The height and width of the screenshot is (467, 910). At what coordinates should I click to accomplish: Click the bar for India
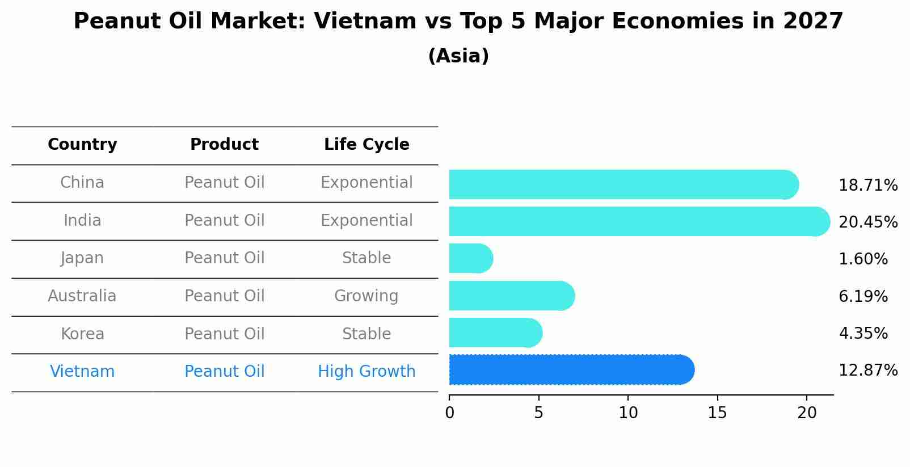[635, 221]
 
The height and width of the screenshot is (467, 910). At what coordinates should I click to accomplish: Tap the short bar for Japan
[470, 258]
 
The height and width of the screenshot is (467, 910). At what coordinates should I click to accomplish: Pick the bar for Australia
[511, 296]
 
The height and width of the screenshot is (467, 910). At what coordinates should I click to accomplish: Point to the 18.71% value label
[867, 186]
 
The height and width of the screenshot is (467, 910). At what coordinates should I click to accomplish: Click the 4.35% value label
[863, 333]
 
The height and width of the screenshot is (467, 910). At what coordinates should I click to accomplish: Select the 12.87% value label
[867, 371]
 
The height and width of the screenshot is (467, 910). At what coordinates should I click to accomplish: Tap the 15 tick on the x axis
[717, 413]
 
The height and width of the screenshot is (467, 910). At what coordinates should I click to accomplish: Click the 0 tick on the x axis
[449, 413]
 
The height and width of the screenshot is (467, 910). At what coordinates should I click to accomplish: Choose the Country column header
[82, 145]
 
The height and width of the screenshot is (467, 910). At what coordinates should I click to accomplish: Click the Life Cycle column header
[366, 145]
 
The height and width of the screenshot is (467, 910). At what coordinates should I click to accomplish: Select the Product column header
[224, 145]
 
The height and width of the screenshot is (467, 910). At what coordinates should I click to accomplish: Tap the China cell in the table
[82, 183]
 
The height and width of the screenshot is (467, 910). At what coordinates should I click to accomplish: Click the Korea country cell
[82, 334]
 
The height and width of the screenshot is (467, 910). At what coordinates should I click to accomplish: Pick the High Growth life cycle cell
[366, 372]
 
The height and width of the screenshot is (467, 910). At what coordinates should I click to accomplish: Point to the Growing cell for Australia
[366, 296]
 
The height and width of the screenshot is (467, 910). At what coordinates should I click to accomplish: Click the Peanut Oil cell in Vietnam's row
[224, 372]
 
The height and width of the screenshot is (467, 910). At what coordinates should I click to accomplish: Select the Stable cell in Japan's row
[366, 258]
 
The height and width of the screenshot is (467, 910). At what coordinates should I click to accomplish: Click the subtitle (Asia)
[458, 56]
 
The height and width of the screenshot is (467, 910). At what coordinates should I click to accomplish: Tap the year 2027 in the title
[813, 22]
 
